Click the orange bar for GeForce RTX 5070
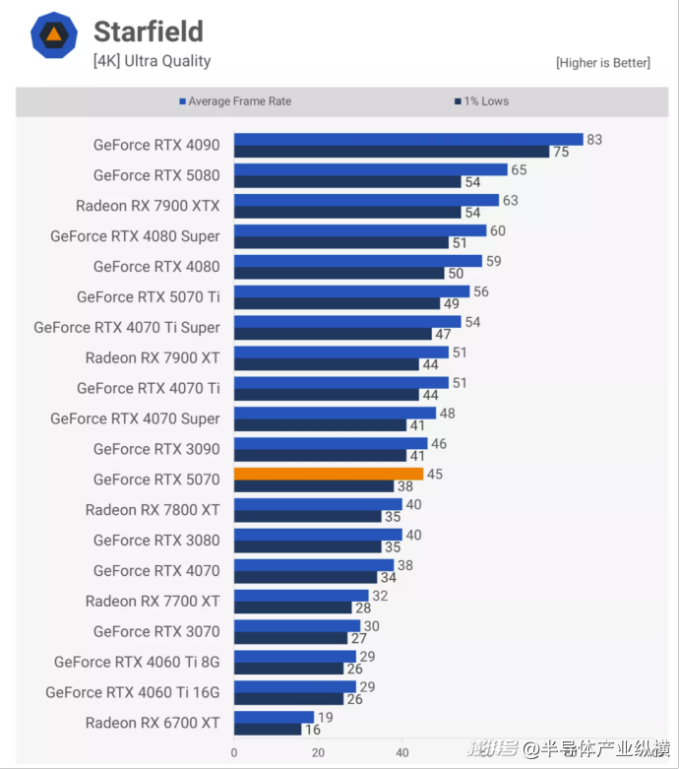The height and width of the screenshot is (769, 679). pos(329,474)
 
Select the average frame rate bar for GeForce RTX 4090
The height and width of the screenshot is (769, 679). pos(408,139)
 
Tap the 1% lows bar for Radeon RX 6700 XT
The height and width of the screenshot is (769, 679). pos(268,730)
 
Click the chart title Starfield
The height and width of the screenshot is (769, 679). pos(149,32)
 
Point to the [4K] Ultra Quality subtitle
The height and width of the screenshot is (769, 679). pos(152,61)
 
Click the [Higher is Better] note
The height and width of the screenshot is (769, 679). pos(602,63)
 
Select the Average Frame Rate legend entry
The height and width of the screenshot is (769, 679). pos(235,101)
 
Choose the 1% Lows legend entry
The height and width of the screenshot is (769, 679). pos(481,101)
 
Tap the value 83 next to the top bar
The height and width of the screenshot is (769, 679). pos(594,140)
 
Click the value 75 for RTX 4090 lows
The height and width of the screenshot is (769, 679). pos(561,152)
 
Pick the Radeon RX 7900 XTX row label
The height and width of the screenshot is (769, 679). pos(148,206)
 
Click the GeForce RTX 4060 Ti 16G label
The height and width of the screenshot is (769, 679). pos(133,692)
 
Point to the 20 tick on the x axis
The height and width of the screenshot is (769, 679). pos(318,752)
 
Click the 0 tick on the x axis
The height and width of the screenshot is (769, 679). pos(234,752)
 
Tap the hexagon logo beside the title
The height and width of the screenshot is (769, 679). pos(54,36)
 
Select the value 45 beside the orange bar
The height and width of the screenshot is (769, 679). pos(435,475)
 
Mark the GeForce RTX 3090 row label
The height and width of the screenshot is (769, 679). pos(156,449)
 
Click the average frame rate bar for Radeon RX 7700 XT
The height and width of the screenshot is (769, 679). pos(301,596)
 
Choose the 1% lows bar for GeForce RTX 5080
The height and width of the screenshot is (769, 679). pos(348,182)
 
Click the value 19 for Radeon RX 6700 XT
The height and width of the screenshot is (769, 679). pos(325,718)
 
